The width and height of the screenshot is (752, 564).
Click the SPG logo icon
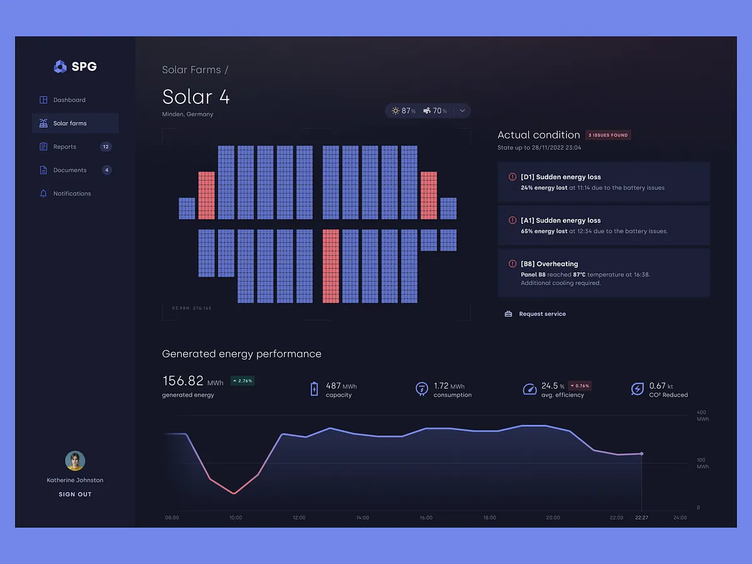click(x=60, y=66)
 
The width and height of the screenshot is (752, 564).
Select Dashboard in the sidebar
click(x=69, y=100)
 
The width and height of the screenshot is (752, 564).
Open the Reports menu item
click(x=65, y=147)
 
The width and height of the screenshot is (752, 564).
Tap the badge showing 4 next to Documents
click(x=107, y=170)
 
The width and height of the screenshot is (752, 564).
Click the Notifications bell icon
click(x=43, y=194)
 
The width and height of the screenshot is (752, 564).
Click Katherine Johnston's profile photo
click(x=75, y=461)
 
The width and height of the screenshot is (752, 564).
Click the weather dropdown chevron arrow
click(x=462, y=111)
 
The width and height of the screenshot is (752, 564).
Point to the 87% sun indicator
click(x=404, y=111)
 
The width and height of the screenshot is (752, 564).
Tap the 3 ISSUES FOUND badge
click(x=608, y=135)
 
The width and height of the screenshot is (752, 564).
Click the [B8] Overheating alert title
click(x=549, y=264)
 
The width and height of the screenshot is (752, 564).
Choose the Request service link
click(x=542, y=314)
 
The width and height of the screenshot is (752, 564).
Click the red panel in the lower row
click(x=331, y=266)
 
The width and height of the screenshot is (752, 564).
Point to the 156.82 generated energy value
click(x=183, y=381)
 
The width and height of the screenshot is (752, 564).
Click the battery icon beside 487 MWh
click(x=315, y=389)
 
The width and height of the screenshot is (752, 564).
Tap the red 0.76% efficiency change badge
click(x=580, y=385)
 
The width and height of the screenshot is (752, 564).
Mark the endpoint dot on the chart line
click(x=641, y=454)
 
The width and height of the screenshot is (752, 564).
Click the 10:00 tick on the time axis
click(x=236, y=518)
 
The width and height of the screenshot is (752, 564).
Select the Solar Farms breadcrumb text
click(x=191, y=70)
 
